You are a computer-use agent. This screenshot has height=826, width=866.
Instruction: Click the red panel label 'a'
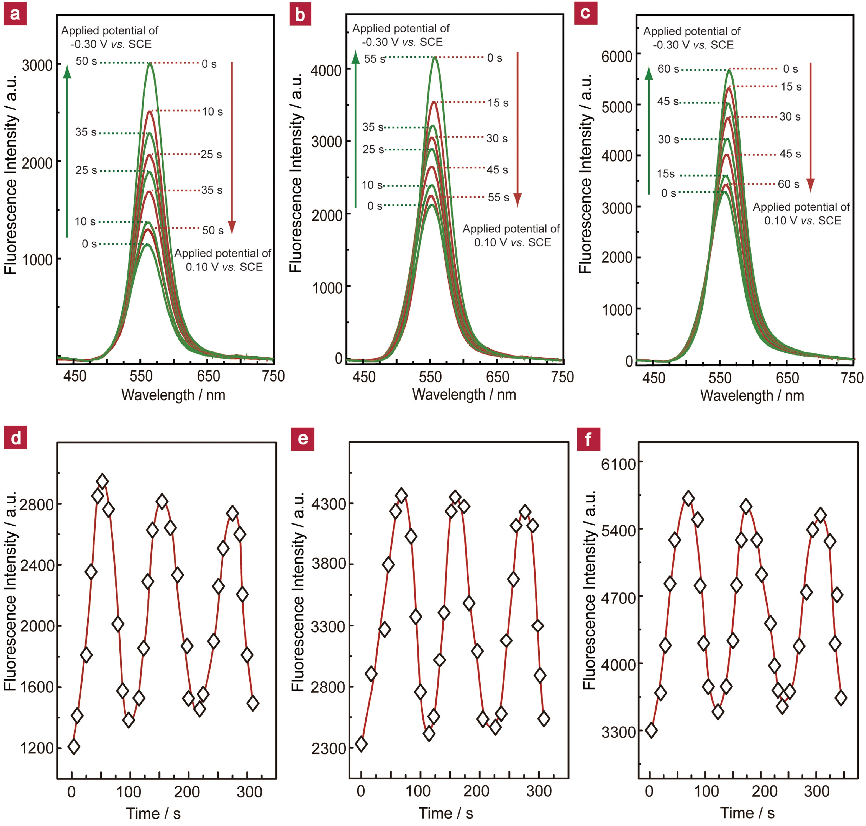click(15, 14)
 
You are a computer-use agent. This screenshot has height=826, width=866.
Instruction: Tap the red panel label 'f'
click(588, 439)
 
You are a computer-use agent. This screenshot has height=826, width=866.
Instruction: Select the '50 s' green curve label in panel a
click(86, 61)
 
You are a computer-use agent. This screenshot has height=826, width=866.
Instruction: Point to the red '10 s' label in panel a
click(212, 112)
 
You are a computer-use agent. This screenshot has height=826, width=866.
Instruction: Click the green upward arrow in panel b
click(356, 128)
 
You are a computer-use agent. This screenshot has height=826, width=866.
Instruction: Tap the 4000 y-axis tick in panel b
click(326, 70)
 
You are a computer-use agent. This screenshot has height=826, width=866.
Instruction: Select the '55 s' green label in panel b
click(375, 58)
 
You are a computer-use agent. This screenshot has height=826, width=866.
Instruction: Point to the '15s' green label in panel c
click(666, 174)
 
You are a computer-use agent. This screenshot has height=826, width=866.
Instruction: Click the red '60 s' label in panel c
click(788, 184)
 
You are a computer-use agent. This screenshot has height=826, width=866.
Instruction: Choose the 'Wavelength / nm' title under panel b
click(464, 395)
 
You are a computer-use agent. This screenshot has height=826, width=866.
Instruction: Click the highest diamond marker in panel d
click(103, 482)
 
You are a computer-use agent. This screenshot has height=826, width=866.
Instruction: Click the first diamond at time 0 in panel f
click(651, 730)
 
